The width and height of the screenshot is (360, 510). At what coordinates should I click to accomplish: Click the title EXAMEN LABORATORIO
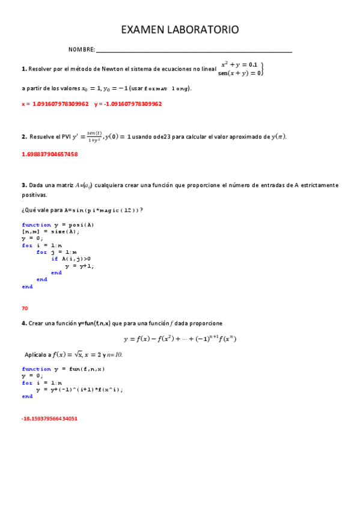pyautogui.click(x=180, y=29)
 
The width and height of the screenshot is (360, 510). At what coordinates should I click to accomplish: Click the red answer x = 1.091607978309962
pyautogui.click(x=55, y=104)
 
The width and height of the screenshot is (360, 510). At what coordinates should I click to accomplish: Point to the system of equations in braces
pyautogui.click(x=242, y=69)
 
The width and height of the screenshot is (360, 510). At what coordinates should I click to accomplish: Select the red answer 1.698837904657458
pyautogui.click(x=49, y=155)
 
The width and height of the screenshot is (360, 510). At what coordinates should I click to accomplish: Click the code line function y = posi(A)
pyautogui.click(x=58, y=225)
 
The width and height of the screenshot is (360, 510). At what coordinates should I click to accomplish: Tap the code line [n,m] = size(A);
pyautogui.click(x=50, y=232)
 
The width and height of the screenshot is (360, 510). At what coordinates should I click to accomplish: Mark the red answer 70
pyautogui.click(x=25, y=308)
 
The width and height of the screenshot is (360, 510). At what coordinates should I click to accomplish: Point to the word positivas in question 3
pyautogui.click(x=34, y=195)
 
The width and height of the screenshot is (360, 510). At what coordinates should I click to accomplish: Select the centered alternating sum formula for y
pyautogui.click(x=180, y=339)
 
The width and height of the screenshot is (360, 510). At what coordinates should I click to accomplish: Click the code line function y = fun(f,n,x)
pyautogui.click(x=63, y=369)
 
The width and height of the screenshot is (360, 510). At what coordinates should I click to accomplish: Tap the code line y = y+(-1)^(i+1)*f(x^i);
pyautogui.click(x=79, y=389)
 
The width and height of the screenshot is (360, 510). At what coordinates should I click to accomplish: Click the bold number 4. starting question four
pyautogui.click(x=24, y=324)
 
